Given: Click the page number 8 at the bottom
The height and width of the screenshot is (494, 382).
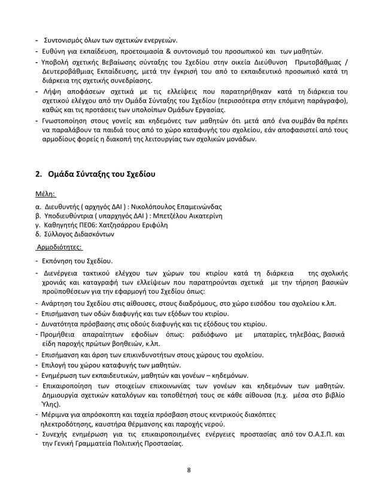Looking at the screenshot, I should [x=189, y=469].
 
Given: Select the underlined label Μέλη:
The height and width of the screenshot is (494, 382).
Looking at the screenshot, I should [x=44, y=194].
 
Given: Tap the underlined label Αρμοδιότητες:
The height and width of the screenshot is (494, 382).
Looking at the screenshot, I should [x=59, y=246].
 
